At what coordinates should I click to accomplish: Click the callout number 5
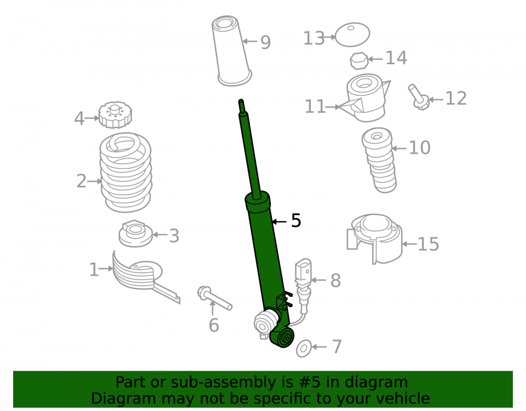pos(296,221)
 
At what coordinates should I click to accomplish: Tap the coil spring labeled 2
pos(126,173)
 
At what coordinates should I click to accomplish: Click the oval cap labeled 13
pos(352,35)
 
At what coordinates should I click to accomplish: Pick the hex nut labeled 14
pos(359,61)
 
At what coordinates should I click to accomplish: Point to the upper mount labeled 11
pos(366,98)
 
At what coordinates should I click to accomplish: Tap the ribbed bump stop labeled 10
pos(379,160)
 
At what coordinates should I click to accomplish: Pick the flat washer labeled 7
pos(304,348)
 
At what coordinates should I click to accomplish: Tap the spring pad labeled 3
pos(136,234)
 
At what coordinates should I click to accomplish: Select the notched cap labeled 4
pos(115,115)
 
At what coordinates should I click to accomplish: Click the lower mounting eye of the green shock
pos(282,337)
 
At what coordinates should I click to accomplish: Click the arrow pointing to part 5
pos(279,222)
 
